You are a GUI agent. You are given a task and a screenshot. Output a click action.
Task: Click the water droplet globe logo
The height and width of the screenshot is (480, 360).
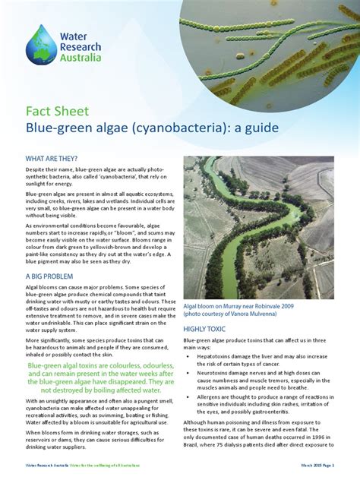click(41, 45)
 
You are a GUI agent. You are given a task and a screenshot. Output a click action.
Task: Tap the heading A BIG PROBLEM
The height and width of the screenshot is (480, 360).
click(49, 276)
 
